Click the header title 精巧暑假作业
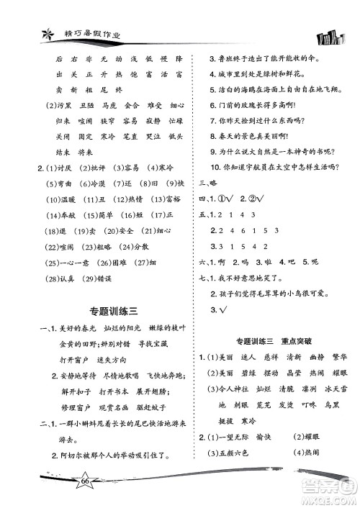tap(71, 31)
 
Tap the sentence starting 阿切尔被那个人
tap(114, 455)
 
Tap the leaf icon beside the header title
tap(30, 30)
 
